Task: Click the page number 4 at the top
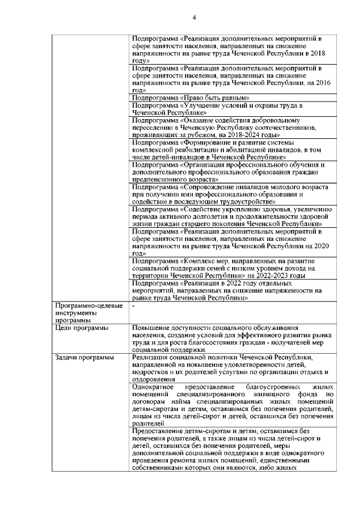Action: [194, 18]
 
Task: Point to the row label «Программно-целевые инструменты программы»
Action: [88, 313]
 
